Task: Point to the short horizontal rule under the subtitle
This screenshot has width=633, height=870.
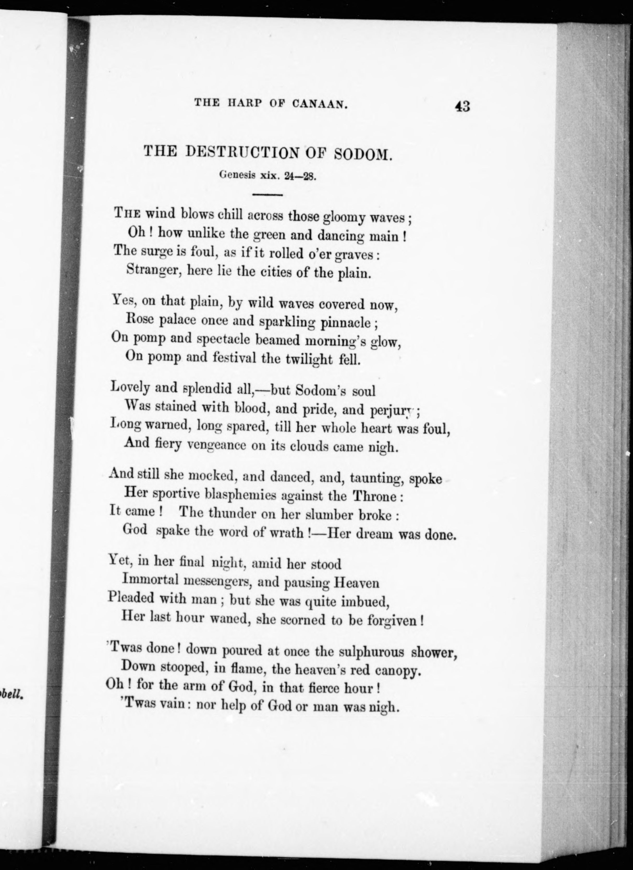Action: [x=267, y=195]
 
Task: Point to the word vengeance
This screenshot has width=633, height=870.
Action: [x=216, y=445]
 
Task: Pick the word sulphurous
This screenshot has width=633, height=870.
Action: [x=365, y=652]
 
